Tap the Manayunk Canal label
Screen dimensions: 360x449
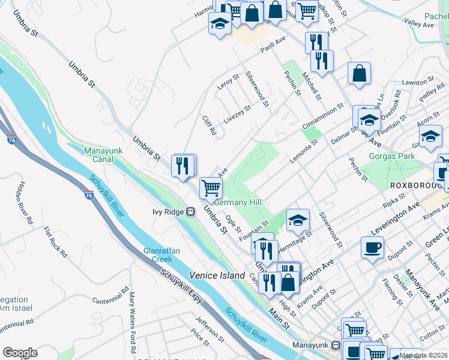(x=103, y=155)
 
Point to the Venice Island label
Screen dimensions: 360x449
(x=217, y=275)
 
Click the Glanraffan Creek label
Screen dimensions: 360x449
(x=158, y=255)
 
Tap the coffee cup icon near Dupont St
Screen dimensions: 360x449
(x=372, y=247)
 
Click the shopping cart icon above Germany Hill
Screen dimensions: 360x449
(x=211, y=187)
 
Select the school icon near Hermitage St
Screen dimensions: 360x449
(x=298, y=220)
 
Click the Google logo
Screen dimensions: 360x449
(x=20, y=352)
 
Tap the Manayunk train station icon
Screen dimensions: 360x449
(x=336, y=345)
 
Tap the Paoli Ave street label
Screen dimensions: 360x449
(x=272, y=47)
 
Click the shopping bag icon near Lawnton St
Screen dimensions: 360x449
(x=359, y=74)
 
